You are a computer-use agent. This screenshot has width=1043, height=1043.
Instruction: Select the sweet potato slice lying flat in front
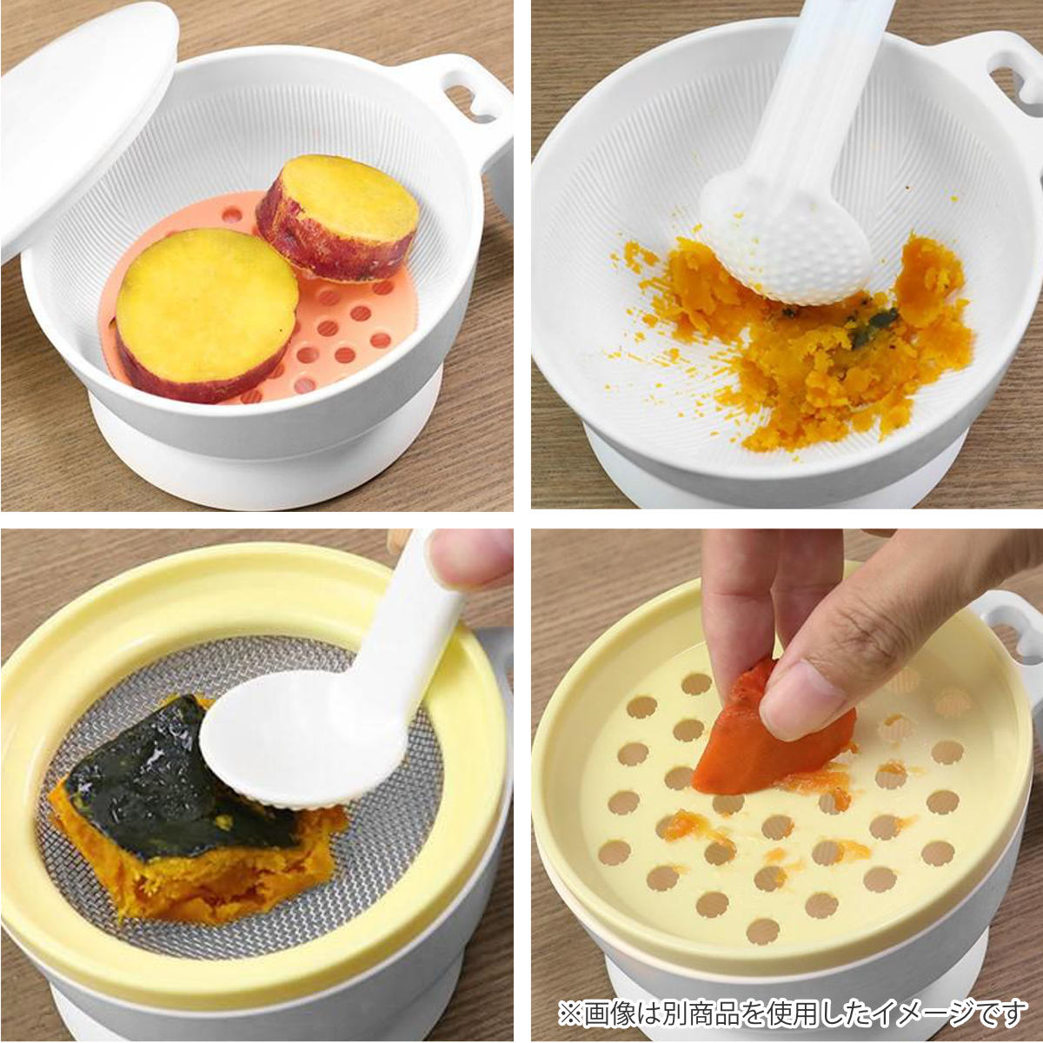pyautogui.click(x=206, y=314)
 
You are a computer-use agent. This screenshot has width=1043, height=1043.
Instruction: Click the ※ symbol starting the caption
pyautogui.click(x=570, y=1009)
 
